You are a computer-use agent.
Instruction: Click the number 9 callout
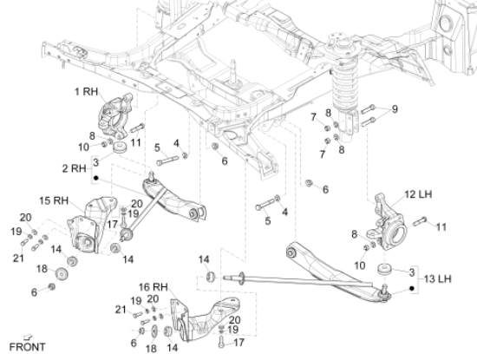coord(393,109)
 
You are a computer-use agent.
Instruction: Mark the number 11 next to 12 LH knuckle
coord(441,227)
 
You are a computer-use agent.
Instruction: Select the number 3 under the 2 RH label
coord(95,162)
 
